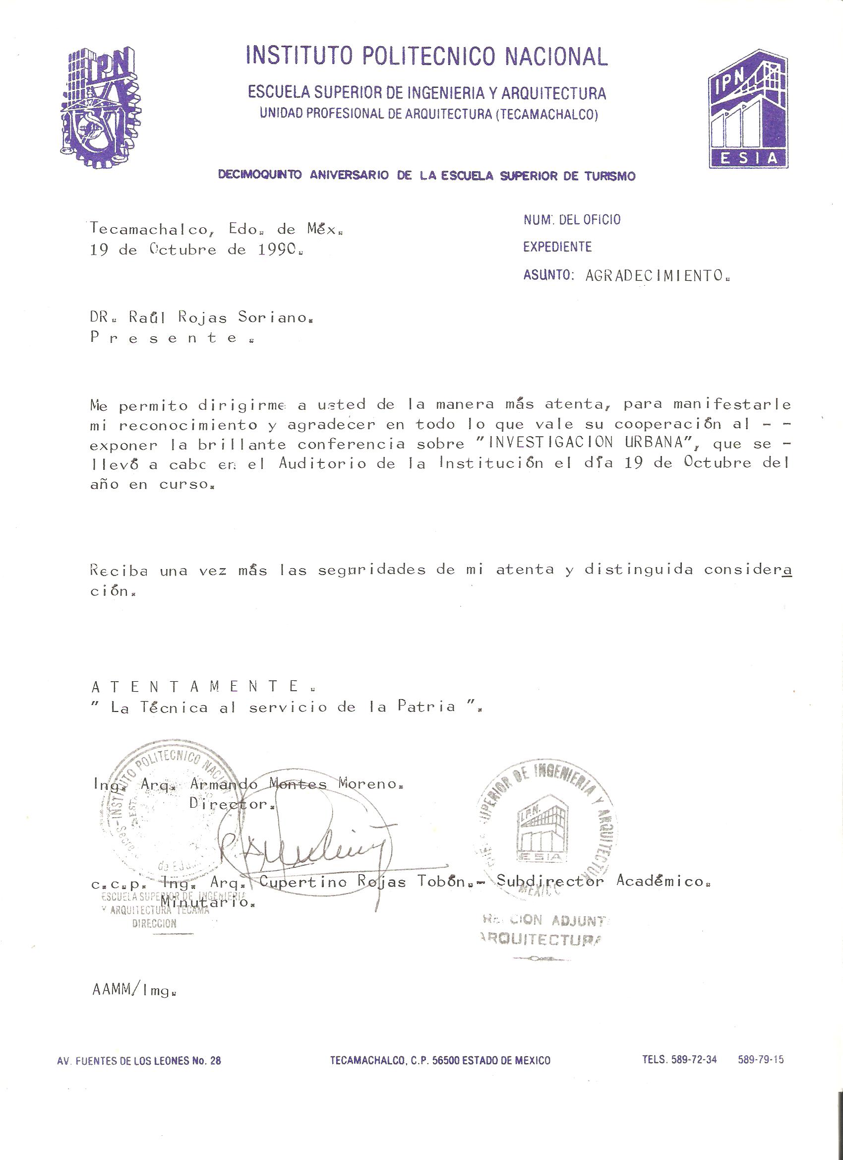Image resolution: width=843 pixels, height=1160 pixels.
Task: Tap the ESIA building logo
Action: pyautogui.click(x=747, y=109)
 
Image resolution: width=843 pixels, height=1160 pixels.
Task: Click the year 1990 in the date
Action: pyautogui.click(x=279, y=250)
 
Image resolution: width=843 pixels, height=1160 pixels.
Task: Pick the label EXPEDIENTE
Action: pyautogui.click(x=557, y=247)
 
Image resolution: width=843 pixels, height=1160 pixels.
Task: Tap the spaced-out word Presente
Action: pyautogui.click(x=164, y=338)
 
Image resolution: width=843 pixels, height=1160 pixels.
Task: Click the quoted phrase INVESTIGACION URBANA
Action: pyautogui.click(x=588, y=443)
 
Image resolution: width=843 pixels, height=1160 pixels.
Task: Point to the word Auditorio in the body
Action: pyautogui.click(x=322, y=463)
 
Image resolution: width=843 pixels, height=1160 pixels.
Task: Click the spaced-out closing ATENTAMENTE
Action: pyautogui.click(x=195, y=686)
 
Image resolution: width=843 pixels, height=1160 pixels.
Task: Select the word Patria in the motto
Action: pyautogui.click(x=426, y=707)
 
